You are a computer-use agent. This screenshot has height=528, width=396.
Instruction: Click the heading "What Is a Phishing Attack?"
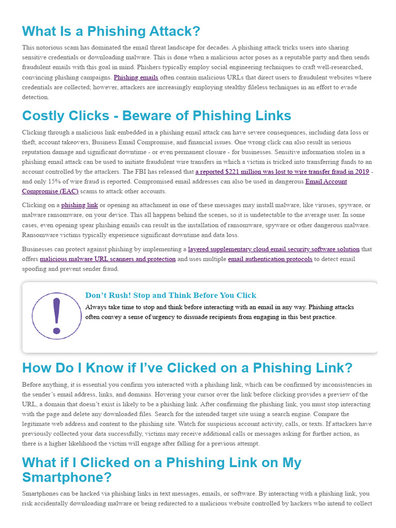point(111,31)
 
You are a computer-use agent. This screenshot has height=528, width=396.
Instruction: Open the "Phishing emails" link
point(136,77)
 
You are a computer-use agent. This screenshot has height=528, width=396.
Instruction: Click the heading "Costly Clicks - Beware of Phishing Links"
point(156,115)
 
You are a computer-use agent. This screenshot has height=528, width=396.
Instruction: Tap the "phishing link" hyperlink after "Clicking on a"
point(79,205)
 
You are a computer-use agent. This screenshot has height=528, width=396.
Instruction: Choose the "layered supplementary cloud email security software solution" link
point(273,249)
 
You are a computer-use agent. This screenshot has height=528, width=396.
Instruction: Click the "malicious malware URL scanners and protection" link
point(107,259)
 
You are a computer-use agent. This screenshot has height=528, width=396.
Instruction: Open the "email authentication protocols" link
point(270,259)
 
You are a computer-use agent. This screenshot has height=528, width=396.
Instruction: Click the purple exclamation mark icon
point(56,315)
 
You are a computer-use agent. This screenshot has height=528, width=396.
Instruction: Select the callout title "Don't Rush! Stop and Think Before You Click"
point(171,295)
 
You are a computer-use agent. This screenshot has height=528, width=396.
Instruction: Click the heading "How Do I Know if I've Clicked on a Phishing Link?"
point(187,368)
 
